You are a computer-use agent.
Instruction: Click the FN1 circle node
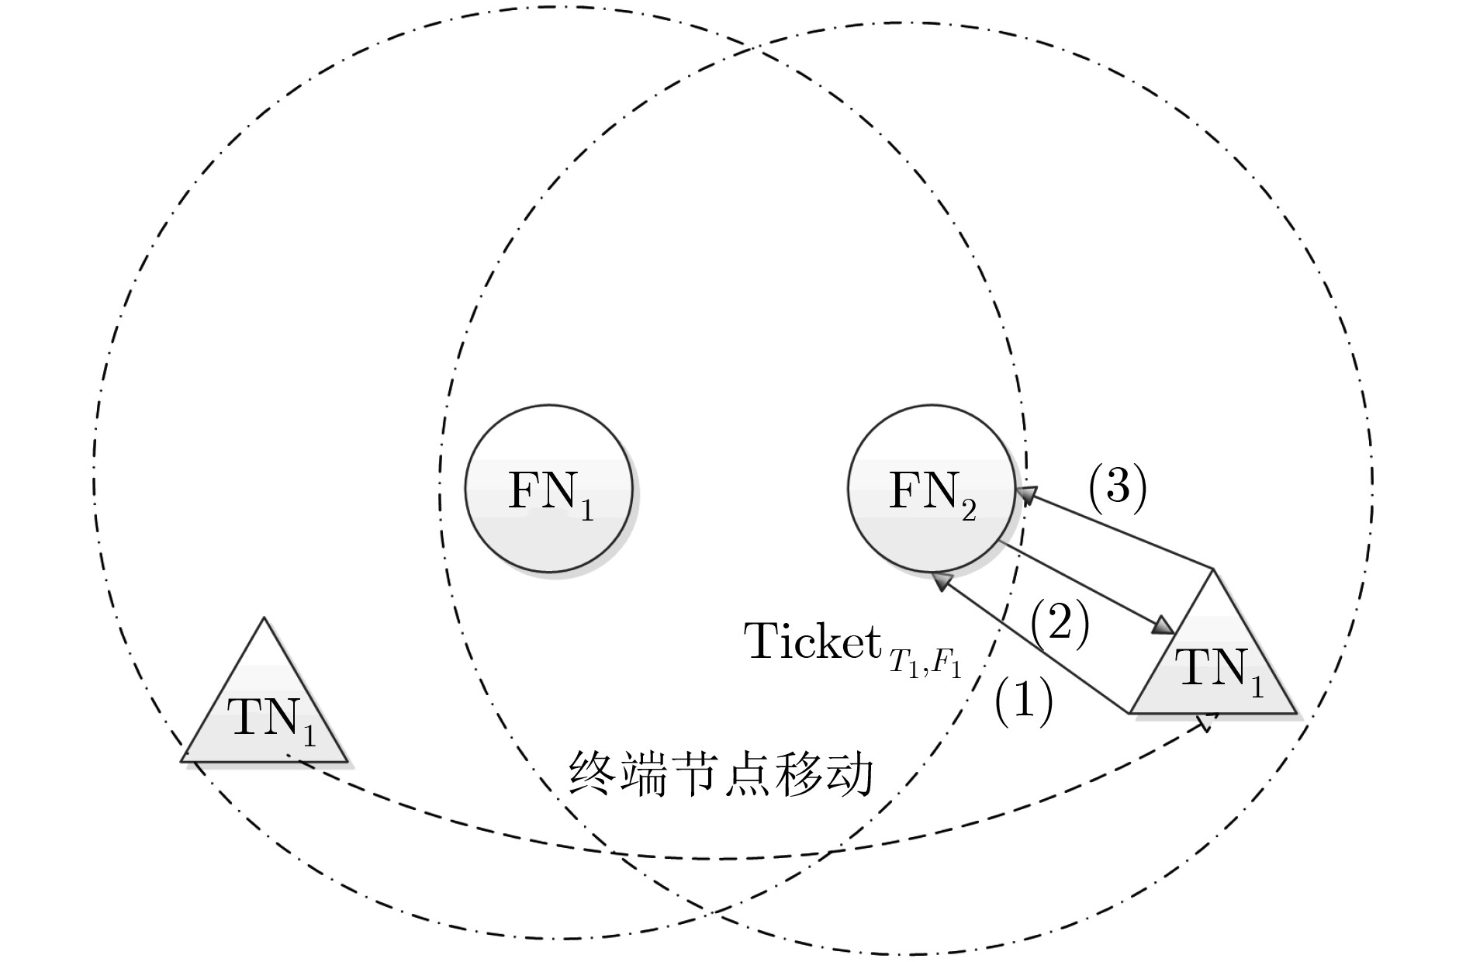(x=548, y=488)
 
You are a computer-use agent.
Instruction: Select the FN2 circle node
(x=931, y=488)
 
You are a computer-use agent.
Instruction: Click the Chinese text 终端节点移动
(x=721, y=774)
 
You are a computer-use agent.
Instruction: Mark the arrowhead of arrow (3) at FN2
(x=1027, y=494)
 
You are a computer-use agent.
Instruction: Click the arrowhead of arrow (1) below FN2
(x=942, y=581)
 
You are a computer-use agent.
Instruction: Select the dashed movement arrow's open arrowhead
(x=1207, y=721)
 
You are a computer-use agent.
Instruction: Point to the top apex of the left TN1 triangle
(x=265, y=618)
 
